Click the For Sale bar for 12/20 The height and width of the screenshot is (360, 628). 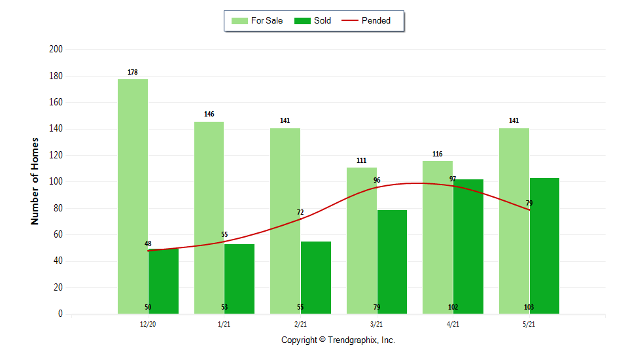pyautogui.click(x=133, y=196)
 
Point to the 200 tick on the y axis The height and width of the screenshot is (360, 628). pyautogui.click(x=56, y=49)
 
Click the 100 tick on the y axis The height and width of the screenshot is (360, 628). pyautogui.click(x=56, y=181)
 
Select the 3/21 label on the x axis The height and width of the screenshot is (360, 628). pyautogui.click(x=377, y=324)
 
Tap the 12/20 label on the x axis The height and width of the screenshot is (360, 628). pyautogui.click(x=148, y=324)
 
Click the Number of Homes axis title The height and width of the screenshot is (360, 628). pyautogui.click(x=35, y=181)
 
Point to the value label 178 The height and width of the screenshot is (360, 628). pyautogui.click(x=133, y=72)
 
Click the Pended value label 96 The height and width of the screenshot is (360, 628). pyautogui.click(x=377, y=181)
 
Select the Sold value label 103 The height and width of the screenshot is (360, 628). pyautogui.click(x=529, y=307)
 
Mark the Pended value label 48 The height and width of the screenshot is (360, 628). pyautogui.click(x=148, y=244)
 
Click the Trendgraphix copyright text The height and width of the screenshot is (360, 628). pyautogui.click(x=338, y=340)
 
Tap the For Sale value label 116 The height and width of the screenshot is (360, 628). pyautogui.click(x=438, y=154)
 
